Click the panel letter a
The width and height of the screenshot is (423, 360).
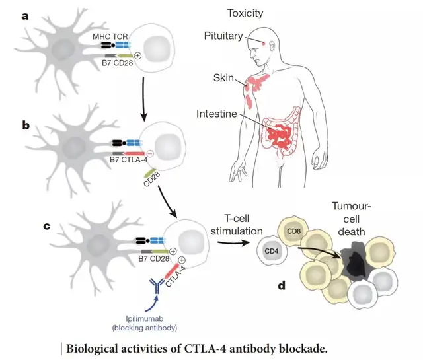point(24,15)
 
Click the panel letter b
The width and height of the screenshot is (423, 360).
point(24,124)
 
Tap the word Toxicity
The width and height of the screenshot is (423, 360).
point(246,13)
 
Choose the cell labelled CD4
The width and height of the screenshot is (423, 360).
point(272,251)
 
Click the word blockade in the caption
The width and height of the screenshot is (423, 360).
point(286,346)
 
